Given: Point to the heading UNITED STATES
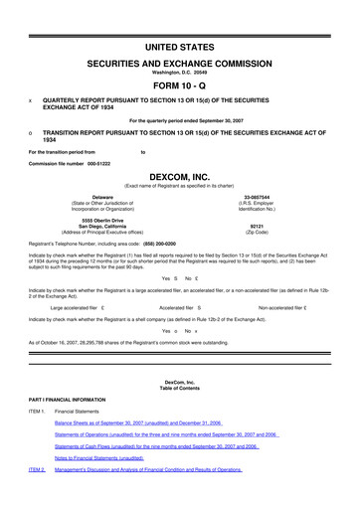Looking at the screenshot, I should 180,47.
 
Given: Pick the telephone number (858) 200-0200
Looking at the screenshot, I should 175,244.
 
